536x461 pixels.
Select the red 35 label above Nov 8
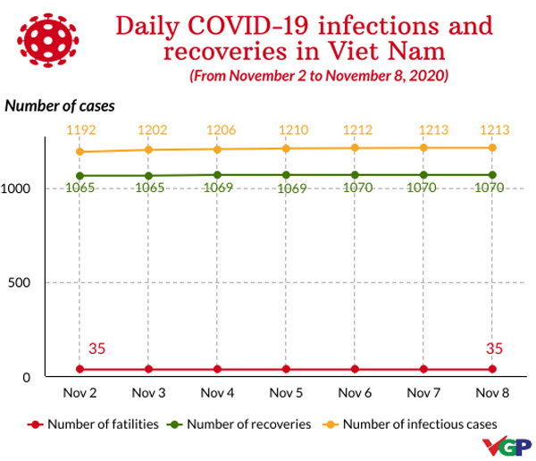click(x=495, y=348)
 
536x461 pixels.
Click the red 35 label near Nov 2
click(x=96, y=348)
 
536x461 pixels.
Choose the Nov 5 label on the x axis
click(x=286, y=392)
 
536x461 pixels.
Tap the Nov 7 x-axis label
click(x=423, y=392)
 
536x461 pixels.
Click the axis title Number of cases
click(x=60, y=105)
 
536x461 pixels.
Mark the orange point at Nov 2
click(x=80, y=152)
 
